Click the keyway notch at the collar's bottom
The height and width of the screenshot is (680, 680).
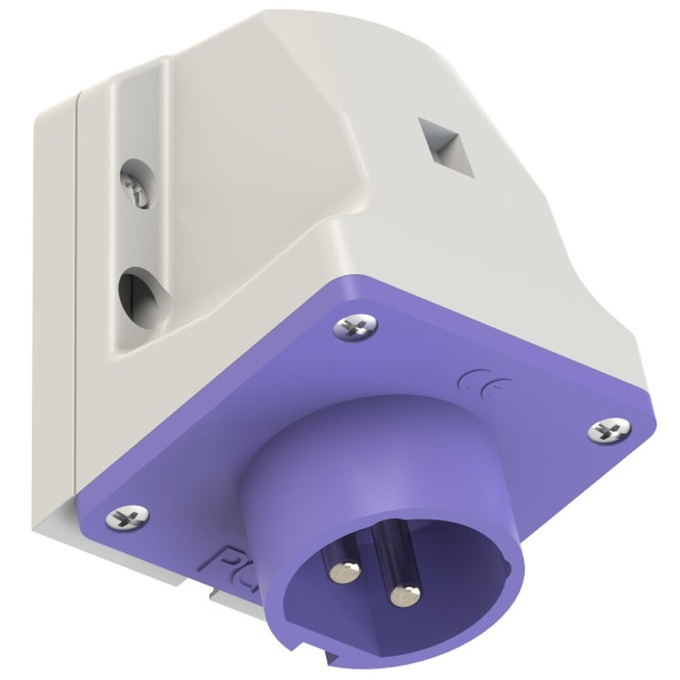pos(333,658)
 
